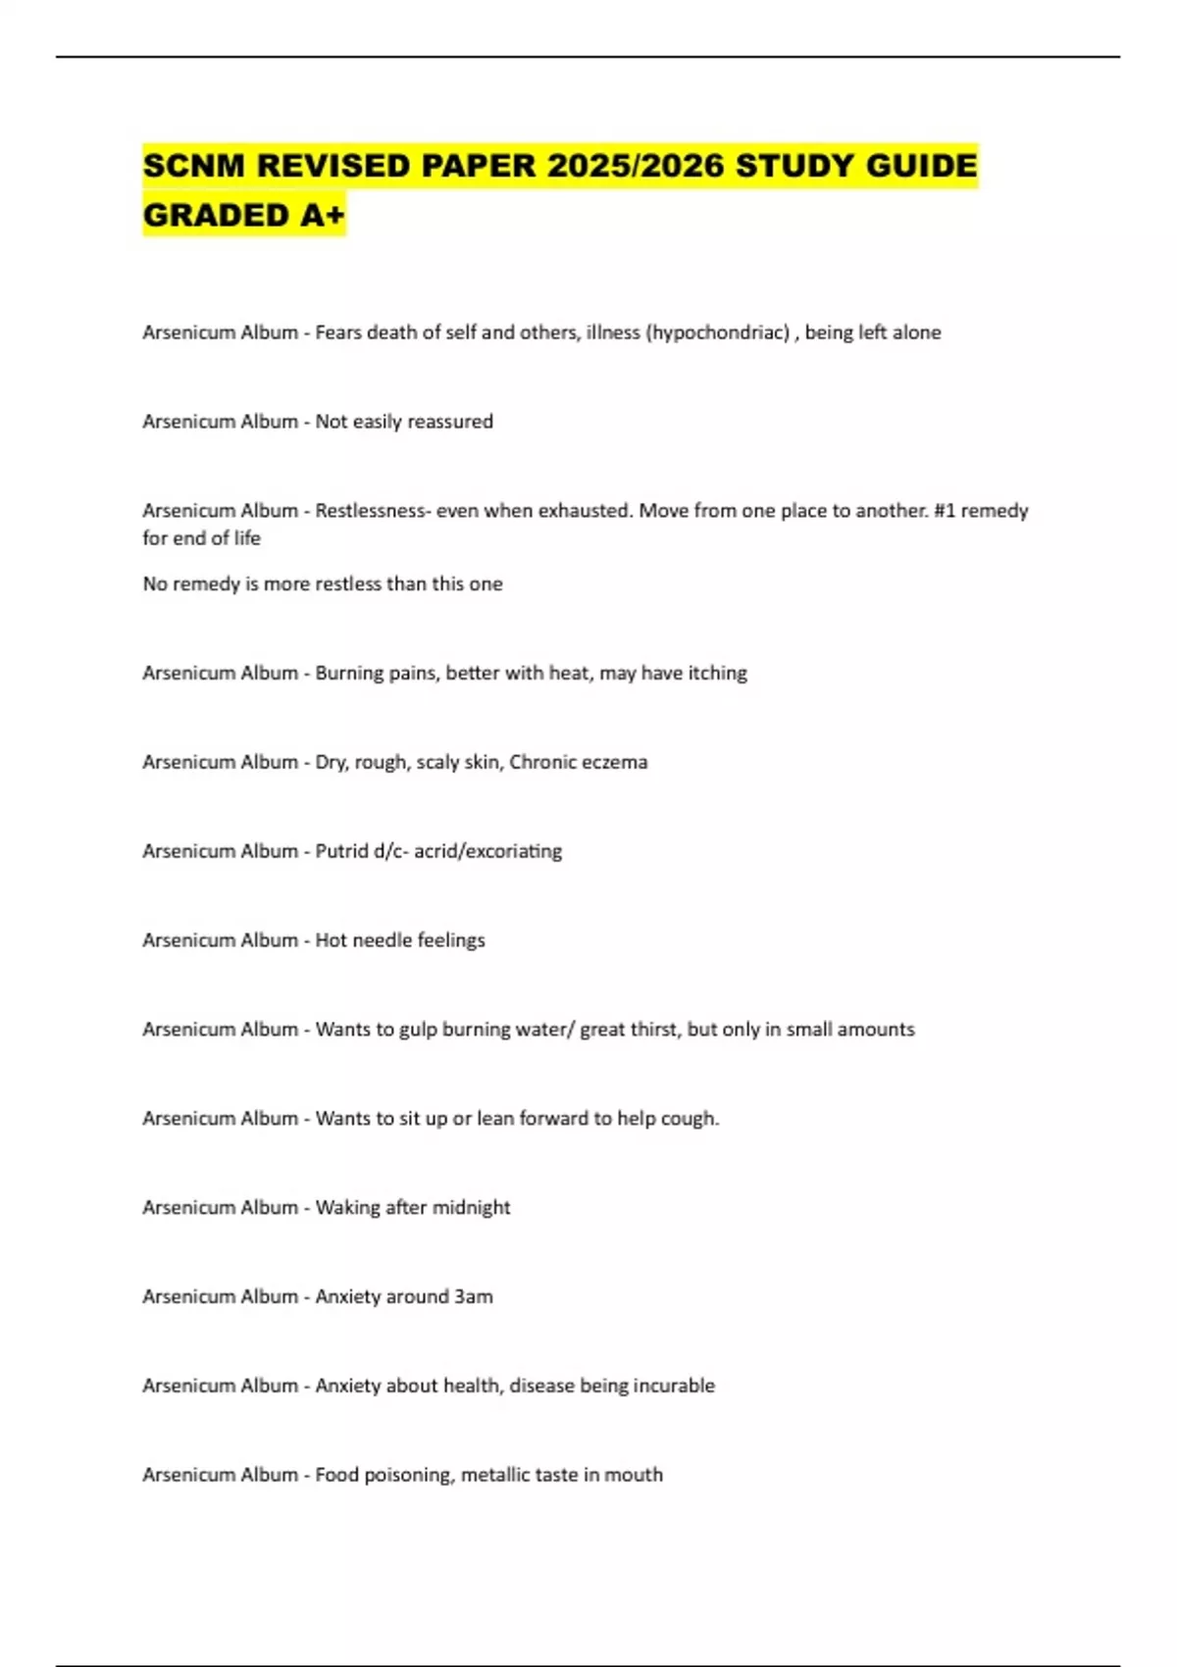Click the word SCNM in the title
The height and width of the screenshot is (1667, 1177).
193,166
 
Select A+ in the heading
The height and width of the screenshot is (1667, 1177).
322,215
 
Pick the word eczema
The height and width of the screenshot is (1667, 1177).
613,762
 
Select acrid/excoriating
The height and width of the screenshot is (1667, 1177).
487,851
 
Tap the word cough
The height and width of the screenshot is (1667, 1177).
691,1119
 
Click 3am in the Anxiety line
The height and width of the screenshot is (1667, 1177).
473,1296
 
